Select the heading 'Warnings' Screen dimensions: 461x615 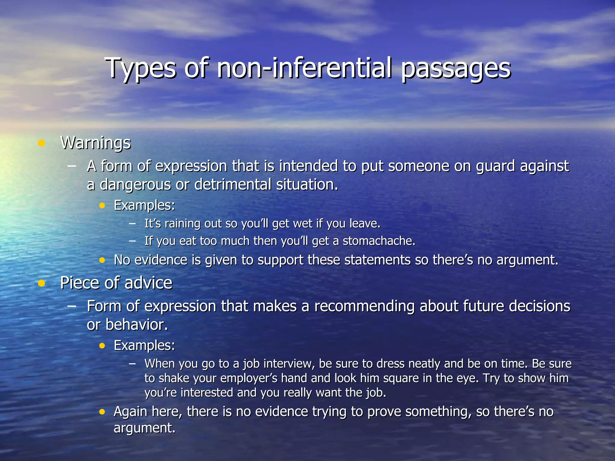click(x=95, y=143)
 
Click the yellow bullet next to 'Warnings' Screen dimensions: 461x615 click(x=41, y=143)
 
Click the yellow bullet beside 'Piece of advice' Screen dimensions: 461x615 click(x=41, y=283)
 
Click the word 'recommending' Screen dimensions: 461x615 click(x=364, y=306)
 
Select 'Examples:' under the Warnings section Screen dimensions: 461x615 click(x=144, y=206)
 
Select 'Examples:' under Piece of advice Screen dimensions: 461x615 click(x=144, y=345)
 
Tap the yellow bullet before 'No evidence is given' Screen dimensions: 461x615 click(x=102, y=260)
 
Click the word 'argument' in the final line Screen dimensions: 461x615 click(x=144, y=428)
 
